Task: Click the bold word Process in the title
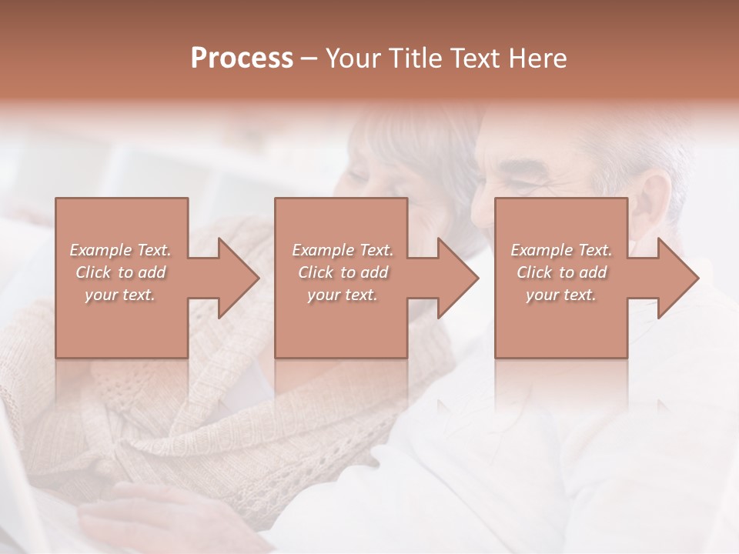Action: click(x=242, y=58)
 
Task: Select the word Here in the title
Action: click(x=539, y=58)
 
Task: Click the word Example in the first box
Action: click(x=101, y=250)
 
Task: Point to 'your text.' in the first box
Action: click(x=120, y=295)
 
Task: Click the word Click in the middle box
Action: click(x=315, y=272)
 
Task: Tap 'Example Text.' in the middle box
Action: click(x=343, y=250)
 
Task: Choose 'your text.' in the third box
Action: click(x=561, y=295)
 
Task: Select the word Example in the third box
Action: click(x=541, y=250)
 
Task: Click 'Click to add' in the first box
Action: click(x=120, y=272)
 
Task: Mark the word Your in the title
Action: click(x=349, y=58)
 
